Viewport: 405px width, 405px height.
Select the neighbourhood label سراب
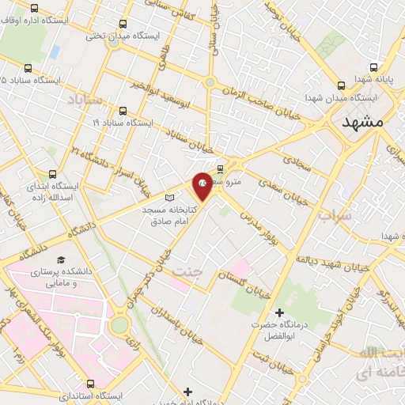tap(332, 215)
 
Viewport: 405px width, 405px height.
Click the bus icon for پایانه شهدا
tap(342, 85)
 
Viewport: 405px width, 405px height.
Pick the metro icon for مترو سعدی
tap(220, 168)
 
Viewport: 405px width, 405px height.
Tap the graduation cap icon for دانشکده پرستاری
tap(59, 259)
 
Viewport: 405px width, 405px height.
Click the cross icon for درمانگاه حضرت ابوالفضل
tap(278, 313)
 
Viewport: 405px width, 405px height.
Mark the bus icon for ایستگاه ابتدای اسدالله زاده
tap(53, 174)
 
